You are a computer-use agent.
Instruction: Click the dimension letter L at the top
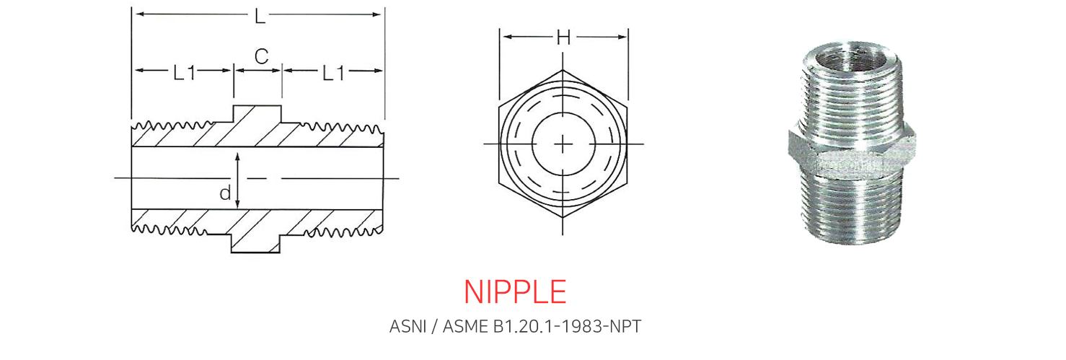click(x=260, y=17)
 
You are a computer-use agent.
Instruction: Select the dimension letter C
click(x=261, y=56)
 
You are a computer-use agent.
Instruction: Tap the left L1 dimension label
click(x=184, y=73)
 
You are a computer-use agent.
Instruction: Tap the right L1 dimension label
click(x=333, y=73)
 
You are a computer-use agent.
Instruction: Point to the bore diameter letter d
click(x=225, y=193)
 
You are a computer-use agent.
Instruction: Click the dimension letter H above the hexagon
click(x=563, y=37)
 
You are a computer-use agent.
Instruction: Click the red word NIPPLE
click(x=516, y=291)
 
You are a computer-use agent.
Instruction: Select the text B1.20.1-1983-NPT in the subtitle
click(x=568, y=327)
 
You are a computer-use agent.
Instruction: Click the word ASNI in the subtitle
click(x=408, y=327)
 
